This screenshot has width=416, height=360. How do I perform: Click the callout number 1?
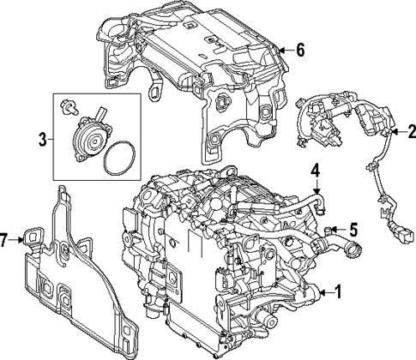click(336, 291)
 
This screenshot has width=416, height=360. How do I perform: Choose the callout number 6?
click(299, 50)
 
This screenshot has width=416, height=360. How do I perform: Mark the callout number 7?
click(7, 242)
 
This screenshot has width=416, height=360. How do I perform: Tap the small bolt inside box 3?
click(68, 110)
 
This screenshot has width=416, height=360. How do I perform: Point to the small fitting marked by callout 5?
click(330, 227)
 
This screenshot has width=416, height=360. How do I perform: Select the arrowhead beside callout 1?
click(319, 292)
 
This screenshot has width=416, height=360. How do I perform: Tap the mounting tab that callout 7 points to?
click(33, 237)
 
